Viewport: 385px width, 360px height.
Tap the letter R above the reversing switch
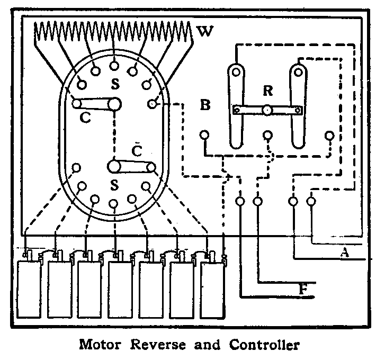(268, 91)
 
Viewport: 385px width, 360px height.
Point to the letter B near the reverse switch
(205, 105)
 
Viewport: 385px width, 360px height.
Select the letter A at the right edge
(345, 253)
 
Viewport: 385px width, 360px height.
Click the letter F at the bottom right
(303, 290)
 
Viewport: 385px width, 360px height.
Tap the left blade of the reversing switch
(237, 106)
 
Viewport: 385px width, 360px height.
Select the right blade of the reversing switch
(299, 106)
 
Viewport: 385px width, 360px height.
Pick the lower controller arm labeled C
(133, 168)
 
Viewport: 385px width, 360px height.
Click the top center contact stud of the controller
(114, 65)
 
